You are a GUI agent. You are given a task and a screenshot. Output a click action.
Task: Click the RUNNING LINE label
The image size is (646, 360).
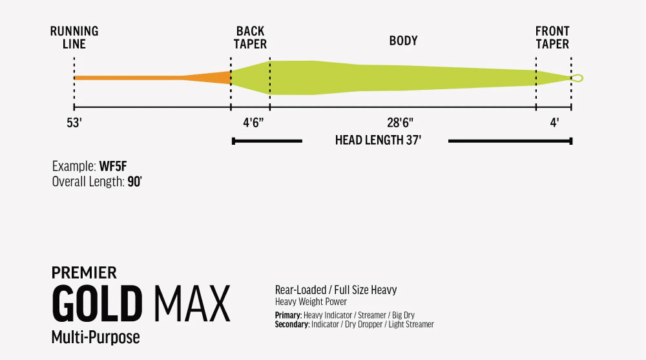coord(74,37)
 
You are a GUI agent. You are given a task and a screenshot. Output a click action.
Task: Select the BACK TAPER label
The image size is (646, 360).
coord(250,37)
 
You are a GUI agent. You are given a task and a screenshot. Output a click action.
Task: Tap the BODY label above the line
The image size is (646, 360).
coord(403,41)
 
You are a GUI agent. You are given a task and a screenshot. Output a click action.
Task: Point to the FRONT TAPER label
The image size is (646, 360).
coord(552,37)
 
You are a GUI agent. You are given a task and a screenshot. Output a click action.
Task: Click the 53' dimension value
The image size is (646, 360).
coord(74,123)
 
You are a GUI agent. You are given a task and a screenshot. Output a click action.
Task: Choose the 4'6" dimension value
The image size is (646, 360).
coord(253,123)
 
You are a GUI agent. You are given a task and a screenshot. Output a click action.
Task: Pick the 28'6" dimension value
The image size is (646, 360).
coord(400,123)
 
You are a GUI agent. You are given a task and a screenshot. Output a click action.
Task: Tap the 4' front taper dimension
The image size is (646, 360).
coord(554,123)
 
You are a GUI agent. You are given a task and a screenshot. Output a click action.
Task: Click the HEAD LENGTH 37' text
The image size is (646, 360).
coord(378,140)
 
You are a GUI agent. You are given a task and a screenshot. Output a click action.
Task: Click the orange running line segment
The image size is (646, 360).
coord(152,78)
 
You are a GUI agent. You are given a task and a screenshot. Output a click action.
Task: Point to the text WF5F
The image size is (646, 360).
coord(113,166)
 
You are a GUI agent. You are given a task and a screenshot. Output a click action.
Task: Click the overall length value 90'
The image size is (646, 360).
coord(135,182)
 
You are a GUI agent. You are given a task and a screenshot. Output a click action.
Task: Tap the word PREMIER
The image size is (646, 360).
coord(84,273)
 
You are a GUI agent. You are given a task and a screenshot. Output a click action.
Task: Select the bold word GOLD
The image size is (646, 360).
coord(98,304)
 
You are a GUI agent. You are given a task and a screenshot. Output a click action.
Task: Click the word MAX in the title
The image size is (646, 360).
coord(192,304)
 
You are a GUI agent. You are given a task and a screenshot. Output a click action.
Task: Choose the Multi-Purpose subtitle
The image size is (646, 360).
coord(96,337)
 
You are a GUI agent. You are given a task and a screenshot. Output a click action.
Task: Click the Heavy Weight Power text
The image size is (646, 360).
coord(311,301)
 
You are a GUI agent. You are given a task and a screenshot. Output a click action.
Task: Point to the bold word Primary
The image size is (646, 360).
coord(288,315)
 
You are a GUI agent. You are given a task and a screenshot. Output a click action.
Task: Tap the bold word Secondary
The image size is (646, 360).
coord(292,324)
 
